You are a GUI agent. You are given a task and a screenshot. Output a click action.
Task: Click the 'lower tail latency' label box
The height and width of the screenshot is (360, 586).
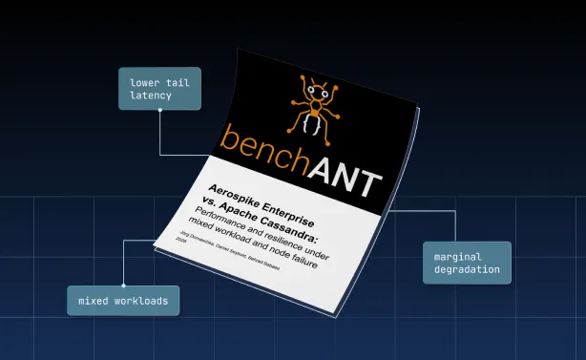pos(160,89)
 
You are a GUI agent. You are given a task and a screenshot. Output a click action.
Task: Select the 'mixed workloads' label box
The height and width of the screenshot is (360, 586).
pos(122,301)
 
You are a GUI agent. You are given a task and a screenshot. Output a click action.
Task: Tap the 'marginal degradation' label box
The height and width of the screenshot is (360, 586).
pos(467,263)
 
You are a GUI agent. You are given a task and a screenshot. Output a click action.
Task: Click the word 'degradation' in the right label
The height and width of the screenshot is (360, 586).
pos(467,269)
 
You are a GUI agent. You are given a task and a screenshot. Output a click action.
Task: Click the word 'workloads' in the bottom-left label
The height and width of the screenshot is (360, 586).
pos(143,301)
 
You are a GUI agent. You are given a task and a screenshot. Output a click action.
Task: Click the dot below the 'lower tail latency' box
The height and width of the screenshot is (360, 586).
pos(160,111)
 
